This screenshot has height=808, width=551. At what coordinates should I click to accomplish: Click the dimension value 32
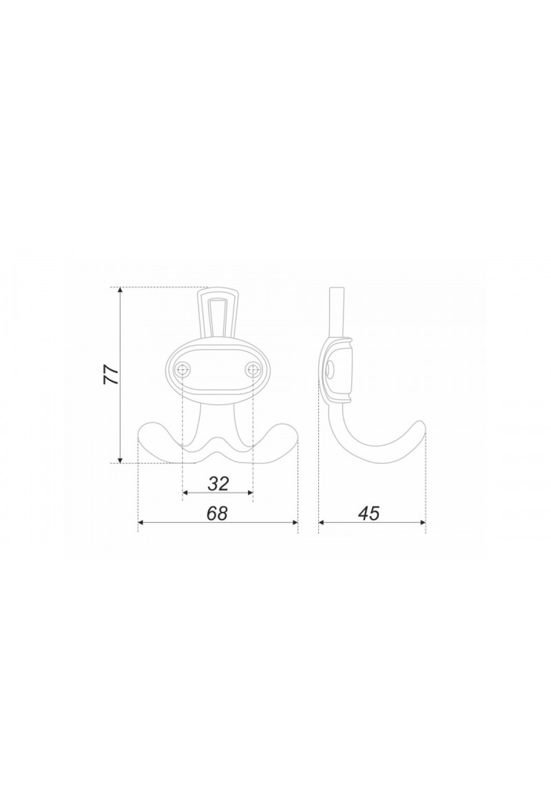tap(218, 483)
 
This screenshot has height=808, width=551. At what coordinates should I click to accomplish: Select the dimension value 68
tap(217, 513)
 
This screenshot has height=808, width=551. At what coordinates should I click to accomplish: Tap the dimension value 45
tap(369, 513)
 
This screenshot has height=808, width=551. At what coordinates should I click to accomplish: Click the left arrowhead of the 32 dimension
tap(186, 493)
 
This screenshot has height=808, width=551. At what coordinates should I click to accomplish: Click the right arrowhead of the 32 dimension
tap(249, 493)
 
